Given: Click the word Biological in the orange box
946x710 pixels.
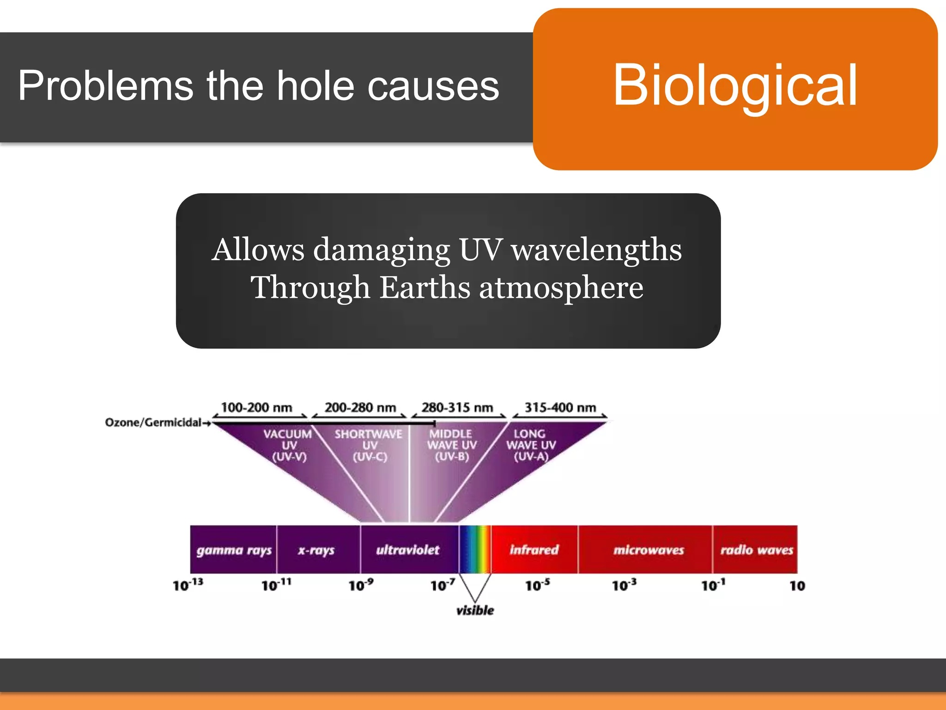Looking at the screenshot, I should click(x=735, y=86).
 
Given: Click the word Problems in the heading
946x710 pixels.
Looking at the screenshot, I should click(x=105, y=86).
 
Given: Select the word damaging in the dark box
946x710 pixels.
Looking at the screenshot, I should click(x=382, y=250).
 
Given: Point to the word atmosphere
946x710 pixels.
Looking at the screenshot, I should click(x=561, y=288).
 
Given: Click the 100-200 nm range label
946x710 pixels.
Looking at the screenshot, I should click(x=256, y=408).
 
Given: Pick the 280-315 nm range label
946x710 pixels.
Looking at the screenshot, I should click(x=457, y=408).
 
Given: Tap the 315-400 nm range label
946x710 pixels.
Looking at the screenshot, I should click(x=560, y=408).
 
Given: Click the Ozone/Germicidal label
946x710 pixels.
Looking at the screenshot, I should click(x=153, y=422).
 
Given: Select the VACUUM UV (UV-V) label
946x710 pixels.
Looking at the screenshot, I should click(x=288, y=445).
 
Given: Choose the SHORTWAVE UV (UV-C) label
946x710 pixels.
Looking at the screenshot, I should click(x=369, y=445).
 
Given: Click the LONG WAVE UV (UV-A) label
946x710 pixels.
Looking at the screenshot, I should click(x=531, y=445).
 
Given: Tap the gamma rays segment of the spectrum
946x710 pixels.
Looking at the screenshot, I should click(x=234, y=550).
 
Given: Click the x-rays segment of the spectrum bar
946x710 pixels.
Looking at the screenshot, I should click(x=316, y=550).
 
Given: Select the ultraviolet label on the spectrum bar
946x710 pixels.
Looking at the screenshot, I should click(x=407, y=550).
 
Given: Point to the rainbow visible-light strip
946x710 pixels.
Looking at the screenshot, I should click(x=475, y=549).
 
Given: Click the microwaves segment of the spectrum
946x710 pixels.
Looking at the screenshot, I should click(x=649, y=550).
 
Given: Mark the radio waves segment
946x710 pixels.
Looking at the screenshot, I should click(x=756, y=550).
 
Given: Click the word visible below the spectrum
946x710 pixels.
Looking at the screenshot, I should click(x=475, y=611).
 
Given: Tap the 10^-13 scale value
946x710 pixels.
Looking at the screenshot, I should click(x=188, y=585).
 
